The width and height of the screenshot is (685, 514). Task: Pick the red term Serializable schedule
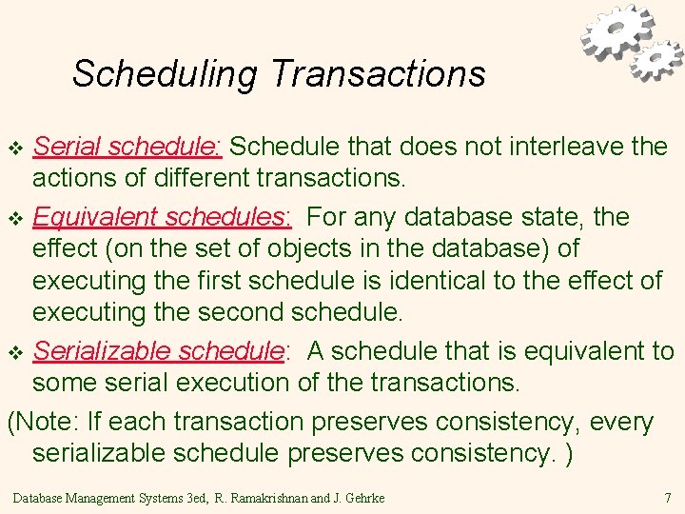pyautogui.click(x=159, y=351)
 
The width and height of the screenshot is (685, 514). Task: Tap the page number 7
pyautogui.click(x=667, y=497)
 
